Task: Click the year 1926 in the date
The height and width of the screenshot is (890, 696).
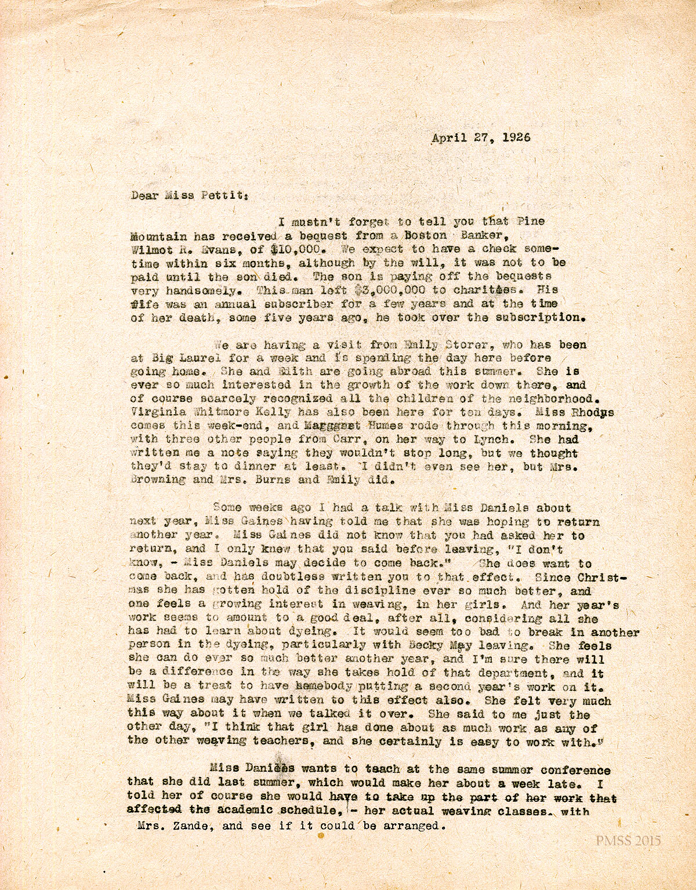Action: [515, 139]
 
